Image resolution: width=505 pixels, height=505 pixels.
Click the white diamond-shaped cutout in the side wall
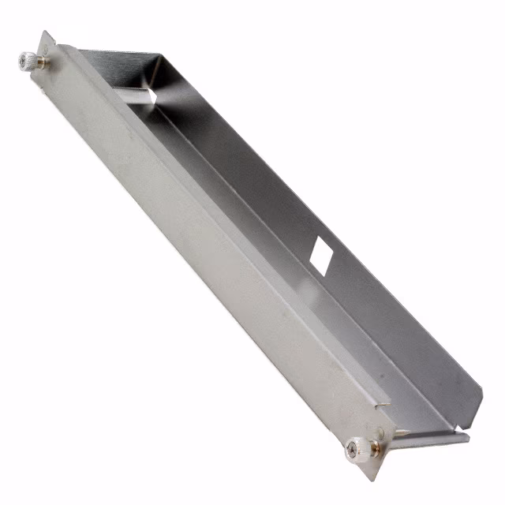coord(321,253)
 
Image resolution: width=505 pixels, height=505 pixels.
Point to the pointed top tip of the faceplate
coord(45,33)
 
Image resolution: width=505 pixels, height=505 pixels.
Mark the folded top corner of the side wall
coord(158,57)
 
